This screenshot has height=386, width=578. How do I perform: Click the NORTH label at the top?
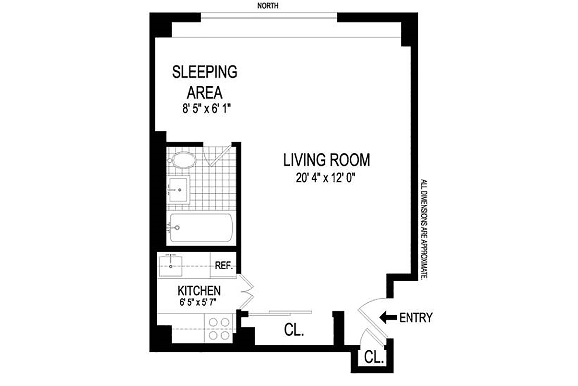268,6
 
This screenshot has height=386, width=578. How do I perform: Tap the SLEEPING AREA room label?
205,82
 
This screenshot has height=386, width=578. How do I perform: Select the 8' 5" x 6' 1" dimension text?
207,109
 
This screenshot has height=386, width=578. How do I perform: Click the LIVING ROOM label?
327,160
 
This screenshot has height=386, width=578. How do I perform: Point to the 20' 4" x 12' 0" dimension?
326,178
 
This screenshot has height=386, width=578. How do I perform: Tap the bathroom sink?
178,189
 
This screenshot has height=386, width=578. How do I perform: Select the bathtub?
201,228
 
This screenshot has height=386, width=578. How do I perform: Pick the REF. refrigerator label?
223,266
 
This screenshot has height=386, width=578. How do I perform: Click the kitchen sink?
171,265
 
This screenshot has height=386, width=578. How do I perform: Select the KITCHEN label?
199,291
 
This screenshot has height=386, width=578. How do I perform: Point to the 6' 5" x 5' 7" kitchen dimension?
198,302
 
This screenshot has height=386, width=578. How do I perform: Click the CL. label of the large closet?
294,330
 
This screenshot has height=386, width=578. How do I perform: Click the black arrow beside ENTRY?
388,318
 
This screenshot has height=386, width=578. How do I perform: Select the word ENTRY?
416,318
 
